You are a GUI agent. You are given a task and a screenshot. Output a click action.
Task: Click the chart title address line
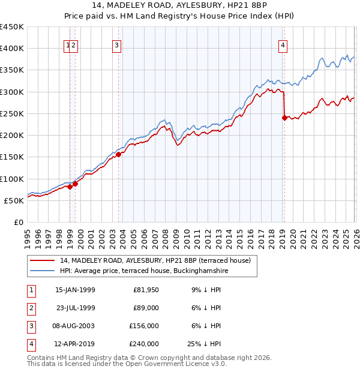coord(179,6)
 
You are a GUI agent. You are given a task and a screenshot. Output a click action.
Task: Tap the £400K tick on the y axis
coord(12,49)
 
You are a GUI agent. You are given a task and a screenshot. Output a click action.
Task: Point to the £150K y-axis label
coord(12,157)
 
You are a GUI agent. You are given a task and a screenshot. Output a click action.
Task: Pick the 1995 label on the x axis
coord(28,237)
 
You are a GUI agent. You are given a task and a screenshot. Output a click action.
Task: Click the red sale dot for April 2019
coord(284,118)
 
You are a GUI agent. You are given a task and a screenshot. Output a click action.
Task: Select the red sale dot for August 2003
coord(118,154)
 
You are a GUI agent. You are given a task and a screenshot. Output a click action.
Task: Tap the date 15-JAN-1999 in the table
coord(75,290)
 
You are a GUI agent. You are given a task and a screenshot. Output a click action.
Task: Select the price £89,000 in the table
coord(145,308)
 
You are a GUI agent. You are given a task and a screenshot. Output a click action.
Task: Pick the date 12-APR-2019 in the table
coord(75,344)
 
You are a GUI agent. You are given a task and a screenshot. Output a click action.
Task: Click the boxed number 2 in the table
coord(31,308)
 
